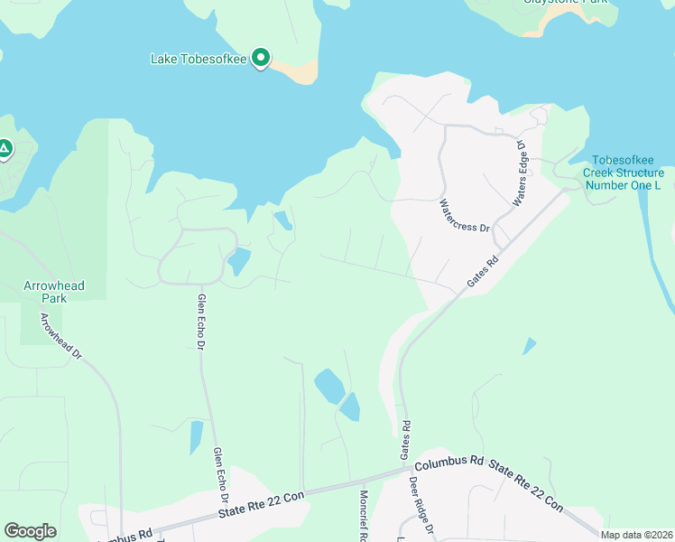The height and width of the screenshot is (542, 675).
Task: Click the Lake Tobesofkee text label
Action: (199, 60)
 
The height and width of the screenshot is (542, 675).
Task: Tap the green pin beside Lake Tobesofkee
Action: (261, 59)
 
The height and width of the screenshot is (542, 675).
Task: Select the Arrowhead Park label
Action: (53, 292)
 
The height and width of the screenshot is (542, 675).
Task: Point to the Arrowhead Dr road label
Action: (60, 337)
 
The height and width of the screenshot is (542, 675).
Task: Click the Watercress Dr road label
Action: (464, 217)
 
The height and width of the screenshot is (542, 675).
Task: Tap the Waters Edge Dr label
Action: (519, 172)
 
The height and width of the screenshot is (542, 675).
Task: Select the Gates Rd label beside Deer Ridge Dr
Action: (406, 437)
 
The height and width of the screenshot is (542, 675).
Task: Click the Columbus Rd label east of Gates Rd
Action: (449, 462)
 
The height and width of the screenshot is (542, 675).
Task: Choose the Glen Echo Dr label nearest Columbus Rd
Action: (221, 475)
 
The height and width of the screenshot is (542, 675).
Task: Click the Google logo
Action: (30, 531)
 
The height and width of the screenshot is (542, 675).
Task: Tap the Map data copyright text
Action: (637, 535)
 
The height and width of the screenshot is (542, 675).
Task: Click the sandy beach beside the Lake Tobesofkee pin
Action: (298, 70)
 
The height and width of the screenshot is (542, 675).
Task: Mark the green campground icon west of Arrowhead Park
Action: (5, 148)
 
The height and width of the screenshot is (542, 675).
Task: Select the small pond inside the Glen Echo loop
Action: (239, 262)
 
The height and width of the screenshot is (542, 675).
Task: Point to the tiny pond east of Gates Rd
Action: (529, 345)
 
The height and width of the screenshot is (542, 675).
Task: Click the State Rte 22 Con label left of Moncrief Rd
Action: (263, 504)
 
